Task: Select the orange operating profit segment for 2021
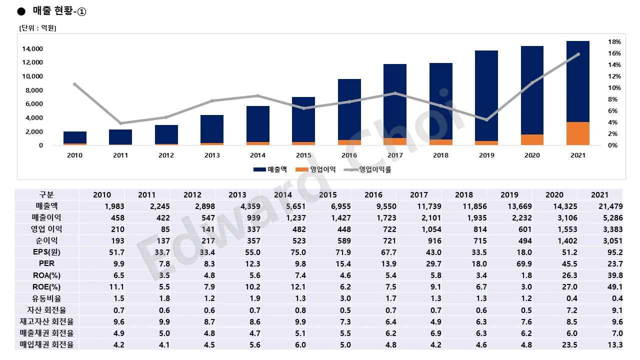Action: (577, 133)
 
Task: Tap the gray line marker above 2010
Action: (75, 84)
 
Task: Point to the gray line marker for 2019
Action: (486, 120)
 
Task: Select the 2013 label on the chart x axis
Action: (212, 155)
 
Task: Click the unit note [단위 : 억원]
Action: (37, 28)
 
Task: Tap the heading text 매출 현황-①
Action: (59, 11)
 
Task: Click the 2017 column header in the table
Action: (418, 194)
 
